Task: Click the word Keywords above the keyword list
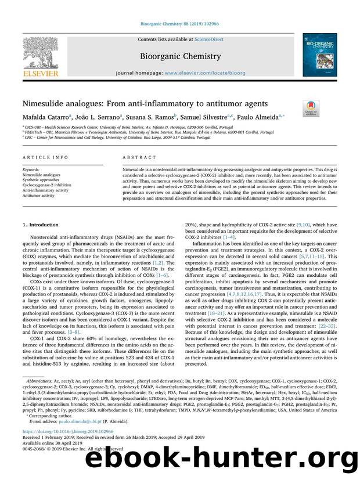[x=31, y=169]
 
